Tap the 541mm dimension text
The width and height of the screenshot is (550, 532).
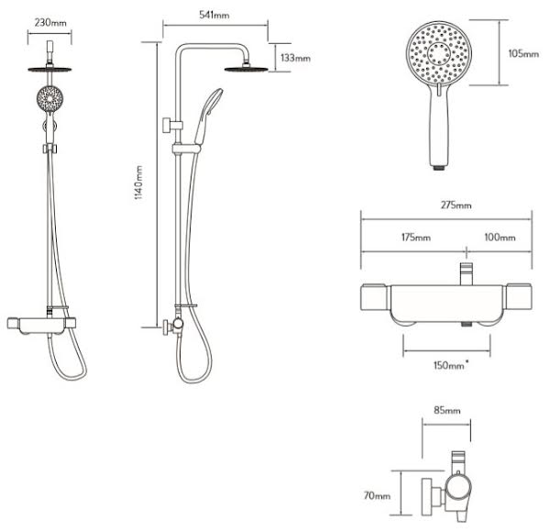[x=214, y=15]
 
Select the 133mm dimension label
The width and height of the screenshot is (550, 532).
[x=296, y=58]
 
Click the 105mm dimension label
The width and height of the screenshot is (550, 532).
[x=523, y=54]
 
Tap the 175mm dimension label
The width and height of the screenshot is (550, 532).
[x=416, y=238]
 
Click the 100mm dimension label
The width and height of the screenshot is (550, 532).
[x=500, y=238]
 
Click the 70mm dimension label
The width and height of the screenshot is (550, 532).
[x=377, y=495]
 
